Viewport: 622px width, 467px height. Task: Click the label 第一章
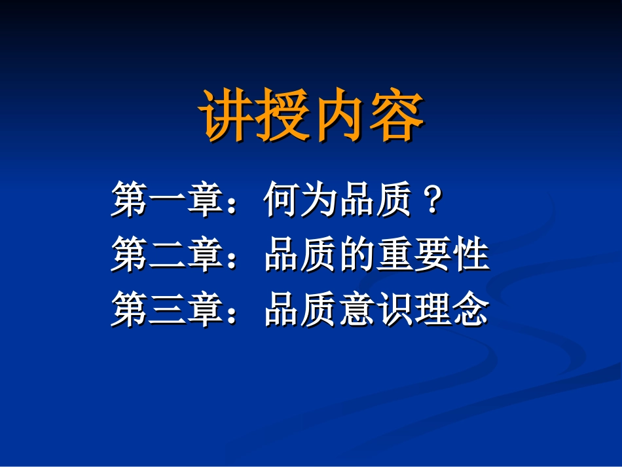168,200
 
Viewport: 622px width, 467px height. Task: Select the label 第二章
168,255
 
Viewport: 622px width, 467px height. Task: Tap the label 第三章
168,310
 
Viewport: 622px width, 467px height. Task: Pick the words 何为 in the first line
302,200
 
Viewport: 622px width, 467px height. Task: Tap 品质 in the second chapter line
302,255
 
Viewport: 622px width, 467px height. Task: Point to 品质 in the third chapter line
302,310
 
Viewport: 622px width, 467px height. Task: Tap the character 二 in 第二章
168,255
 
